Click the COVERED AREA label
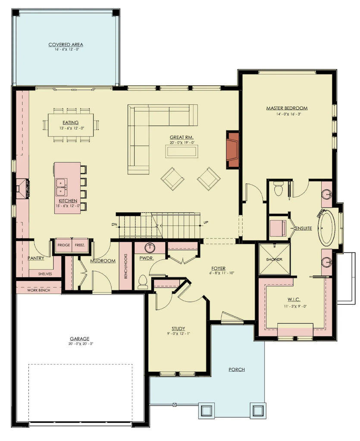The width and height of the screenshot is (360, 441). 66,44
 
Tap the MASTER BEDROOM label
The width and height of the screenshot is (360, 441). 287,108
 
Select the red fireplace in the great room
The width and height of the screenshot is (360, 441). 233,149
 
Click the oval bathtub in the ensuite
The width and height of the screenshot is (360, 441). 327,227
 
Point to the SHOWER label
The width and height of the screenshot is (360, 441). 274,260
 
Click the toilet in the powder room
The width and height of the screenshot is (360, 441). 143,282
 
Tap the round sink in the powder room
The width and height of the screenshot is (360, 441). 150,248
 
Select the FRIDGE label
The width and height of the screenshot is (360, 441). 63,245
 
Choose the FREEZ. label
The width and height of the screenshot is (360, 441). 80,245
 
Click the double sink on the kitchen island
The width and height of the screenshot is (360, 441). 61,185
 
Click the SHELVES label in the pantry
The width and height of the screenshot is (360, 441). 45,273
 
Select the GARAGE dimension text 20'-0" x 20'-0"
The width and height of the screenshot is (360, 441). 81,344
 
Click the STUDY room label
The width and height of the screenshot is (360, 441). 178,329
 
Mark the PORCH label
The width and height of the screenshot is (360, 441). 237,370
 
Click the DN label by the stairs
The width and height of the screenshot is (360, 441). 114,224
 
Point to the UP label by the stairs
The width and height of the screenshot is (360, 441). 206,223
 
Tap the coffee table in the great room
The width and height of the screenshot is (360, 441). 182,151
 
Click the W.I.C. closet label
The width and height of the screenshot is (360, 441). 295,299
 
